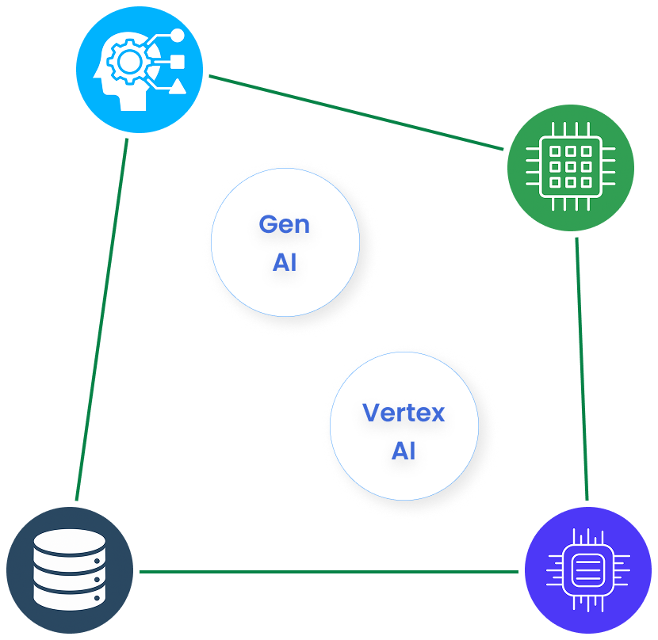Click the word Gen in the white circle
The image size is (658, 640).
click(284, 224)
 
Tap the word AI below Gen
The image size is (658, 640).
click(284, 263)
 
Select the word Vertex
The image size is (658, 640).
click(404, 413)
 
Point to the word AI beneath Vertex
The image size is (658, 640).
click(404, 451)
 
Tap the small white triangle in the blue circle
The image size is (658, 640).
click(178, 86)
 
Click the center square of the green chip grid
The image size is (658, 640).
click(570, 166)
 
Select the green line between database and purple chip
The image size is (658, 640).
click(328, 571)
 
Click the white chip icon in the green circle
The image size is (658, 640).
click(570, 166)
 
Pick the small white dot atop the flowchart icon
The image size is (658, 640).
click(178, 36)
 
